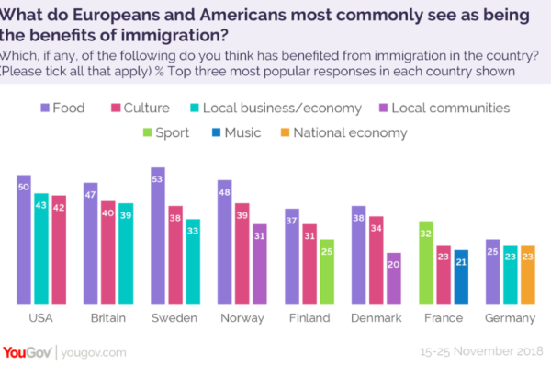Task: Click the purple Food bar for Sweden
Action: tap(157, 235)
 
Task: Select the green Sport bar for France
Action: tap(426, 262)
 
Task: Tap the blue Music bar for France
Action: tap(460, 276)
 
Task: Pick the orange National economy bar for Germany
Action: tap(527, 274)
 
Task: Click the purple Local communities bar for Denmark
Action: tap(393, 278)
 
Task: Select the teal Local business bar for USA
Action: tap(41, 248)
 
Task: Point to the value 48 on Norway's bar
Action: tap(224, 192)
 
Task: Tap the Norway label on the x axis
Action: tap(242, 318)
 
